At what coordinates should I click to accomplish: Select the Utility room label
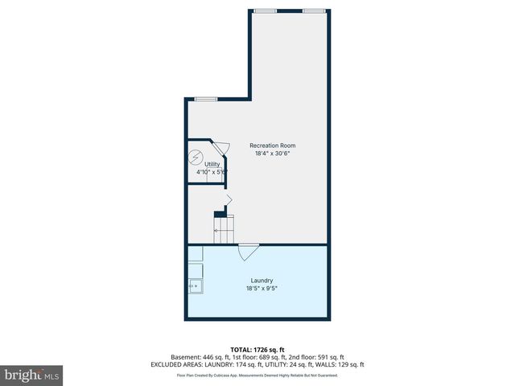(212, 164)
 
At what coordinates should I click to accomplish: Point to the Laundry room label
(262, 281)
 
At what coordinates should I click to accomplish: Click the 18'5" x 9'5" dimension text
(262, 288)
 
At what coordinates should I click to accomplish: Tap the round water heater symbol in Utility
(196, 157)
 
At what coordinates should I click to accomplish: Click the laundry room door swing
(249, 252)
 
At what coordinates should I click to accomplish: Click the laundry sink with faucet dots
(195, 285)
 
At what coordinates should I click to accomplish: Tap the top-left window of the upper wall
(265, 10)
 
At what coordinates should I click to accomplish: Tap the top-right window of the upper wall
(314, 10)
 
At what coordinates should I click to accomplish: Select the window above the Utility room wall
(206, 99)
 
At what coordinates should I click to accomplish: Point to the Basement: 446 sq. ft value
(197, 356)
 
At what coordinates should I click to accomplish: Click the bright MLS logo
(32, 375)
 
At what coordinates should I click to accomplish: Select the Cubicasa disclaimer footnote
(257, 375)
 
